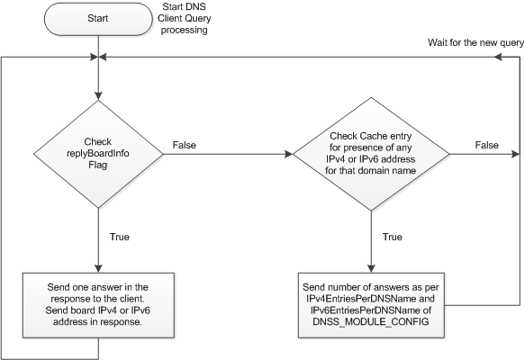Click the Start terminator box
click(98, 19)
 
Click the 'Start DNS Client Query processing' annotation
click(184, 18)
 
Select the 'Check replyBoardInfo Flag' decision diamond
click(98, 154)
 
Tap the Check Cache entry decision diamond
click(371, 154)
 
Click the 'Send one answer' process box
click(98, 305)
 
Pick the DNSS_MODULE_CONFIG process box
click(371, 305)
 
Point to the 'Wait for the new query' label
click(475, 43)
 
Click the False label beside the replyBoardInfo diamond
click(184, 145)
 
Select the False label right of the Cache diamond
click(487, 145)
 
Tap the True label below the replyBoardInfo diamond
click(120, 237)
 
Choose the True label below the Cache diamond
click(393, 237)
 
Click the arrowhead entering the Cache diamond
click(289, 154)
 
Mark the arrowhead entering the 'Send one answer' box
click(98, 268)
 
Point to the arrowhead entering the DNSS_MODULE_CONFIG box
click(371, 268)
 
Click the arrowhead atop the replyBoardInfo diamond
click(98, 96)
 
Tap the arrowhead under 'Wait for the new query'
click(498, 58)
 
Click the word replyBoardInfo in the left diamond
click(98, 153)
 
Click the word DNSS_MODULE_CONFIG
click(371, 322)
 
